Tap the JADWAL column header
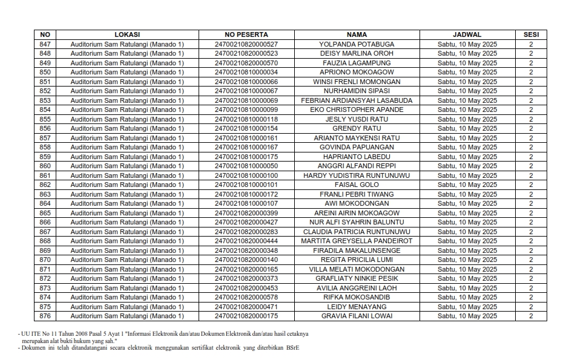(x=467, y=34)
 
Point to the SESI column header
(x=531, y=34)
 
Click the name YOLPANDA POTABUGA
(x=357, y=44)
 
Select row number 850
(x=45, y=72)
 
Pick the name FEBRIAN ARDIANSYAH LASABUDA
(x=357, y=100)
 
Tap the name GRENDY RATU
(x=357, y=128)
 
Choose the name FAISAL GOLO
(x=357, y=185)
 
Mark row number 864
(x=45, y=203)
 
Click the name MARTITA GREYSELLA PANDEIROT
(x=357, y=241)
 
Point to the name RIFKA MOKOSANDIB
(x=357, y=297)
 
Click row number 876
(x=45, y=316)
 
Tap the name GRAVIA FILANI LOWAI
(x=357, y=316)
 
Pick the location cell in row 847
(x=127, y=44)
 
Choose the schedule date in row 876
(x=467, y=316)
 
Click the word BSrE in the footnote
(x=293, y=348)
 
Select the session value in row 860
(x=531, y=166)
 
